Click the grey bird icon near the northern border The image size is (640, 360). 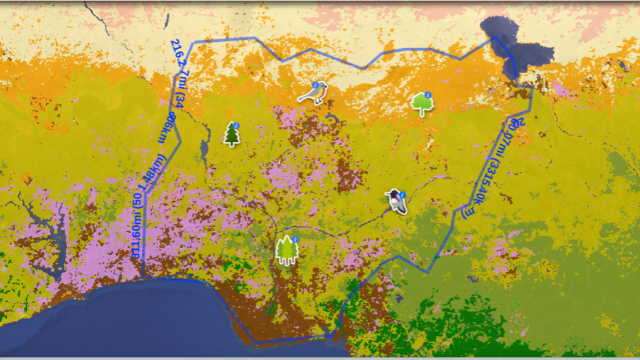[313, 93]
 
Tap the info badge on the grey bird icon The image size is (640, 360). [324, 84]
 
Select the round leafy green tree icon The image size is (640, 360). [422, 104]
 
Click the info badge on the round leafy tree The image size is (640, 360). [428, 95]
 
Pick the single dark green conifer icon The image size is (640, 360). [232, 134]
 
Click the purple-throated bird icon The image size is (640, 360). [396, 202]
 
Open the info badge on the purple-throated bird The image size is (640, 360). [403, 194]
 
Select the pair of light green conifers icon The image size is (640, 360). [286, 251]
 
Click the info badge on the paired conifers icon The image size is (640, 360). [294, 240]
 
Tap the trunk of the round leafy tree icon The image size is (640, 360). [423, 113]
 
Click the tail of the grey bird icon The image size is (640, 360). [302, 99]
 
